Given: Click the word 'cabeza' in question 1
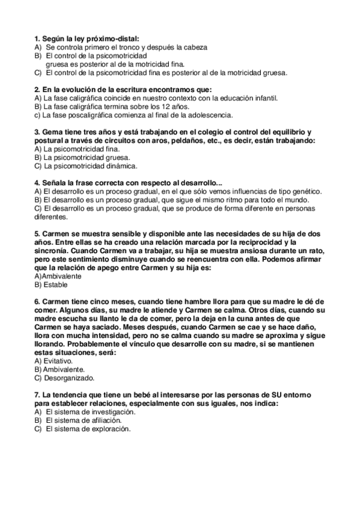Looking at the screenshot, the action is pos(194,46).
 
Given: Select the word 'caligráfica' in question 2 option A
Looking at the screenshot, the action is pos(77,97).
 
